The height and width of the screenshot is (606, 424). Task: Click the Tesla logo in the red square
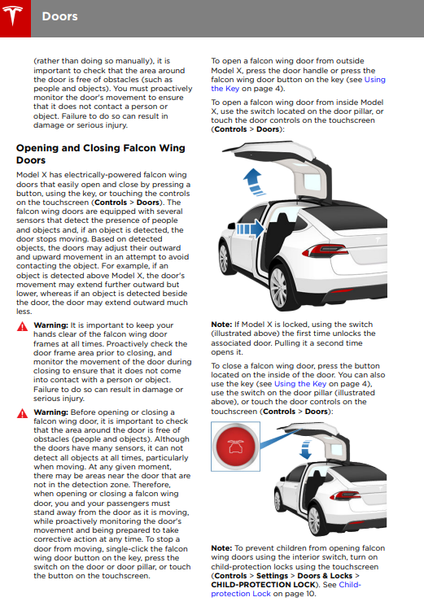13,15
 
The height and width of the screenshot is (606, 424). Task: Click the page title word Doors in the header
60,16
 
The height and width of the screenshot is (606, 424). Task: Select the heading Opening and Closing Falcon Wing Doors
100,154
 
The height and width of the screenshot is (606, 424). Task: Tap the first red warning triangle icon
23,326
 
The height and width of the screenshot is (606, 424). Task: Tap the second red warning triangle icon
23,413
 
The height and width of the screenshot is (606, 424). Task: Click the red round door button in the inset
235,447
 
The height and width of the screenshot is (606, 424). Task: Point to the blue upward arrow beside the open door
253,181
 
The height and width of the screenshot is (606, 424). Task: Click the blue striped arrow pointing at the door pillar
250,229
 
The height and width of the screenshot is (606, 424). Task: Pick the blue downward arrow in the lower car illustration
305,450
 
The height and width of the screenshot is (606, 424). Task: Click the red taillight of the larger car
325,251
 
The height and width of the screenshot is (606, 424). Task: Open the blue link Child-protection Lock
286,589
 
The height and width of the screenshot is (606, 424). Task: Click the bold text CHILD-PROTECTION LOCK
263,585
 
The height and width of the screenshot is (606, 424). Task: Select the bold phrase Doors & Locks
325,575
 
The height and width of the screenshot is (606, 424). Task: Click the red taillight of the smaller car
345,495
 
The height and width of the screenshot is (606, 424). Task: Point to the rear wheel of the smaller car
314,519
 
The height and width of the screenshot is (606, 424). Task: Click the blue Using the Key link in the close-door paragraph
300,384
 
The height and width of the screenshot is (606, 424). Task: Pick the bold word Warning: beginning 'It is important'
50,325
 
